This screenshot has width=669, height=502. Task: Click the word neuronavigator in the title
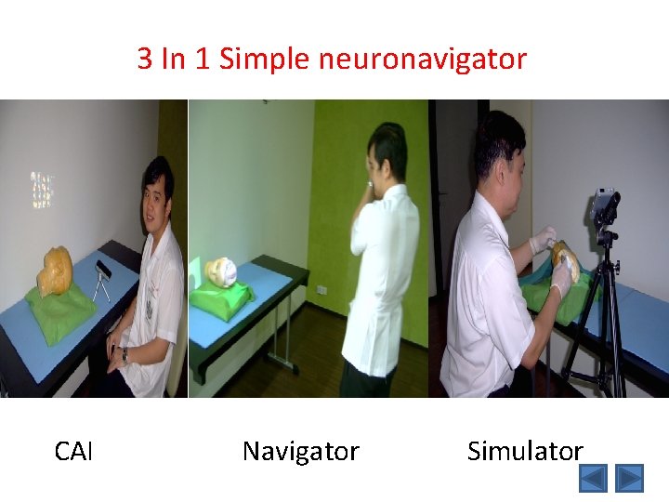click(422, 59)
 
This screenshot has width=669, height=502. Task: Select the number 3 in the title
click(145, 59)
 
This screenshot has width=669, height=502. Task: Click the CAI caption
click(73, 452)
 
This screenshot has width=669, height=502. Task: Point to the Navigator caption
click(300, 452)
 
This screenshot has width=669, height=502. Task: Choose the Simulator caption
click(525, 452)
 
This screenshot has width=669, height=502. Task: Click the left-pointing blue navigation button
click(593, 478)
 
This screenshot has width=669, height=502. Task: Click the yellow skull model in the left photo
click(56, 271)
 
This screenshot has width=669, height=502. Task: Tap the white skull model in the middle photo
click(222, 272)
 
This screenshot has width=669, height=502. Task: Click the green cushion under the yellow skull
click(60, 308)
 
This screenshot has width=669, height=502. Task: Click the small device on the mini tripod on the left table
click(103, 270)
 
